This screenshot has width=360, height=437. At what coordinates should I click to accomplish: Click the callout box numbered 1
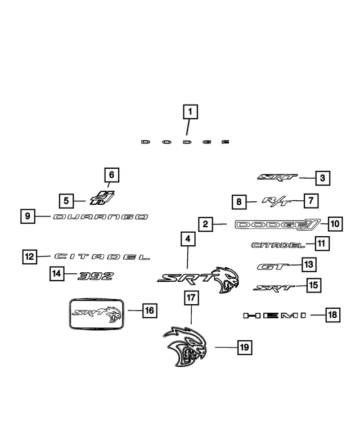[190, 112]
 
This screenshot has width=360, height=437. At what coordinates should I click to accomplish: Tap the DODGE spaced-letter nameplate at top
[185, 142]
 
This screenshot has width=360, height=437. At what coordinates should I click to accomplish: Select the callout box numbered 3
[322, 179]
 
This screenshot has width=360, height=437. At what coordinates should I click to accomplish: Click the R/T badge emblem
[276, 201]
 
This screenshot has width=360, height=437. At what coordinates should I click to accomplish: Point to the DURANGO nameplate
[100, 217]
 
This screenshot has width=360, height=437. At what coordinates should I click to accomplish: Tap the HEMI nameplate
[274, 316]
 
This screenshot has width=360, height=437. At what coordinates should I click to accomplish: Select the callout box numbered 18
[333, 316]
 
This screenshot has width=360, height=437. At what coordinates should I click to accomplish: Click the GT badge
[272, 266]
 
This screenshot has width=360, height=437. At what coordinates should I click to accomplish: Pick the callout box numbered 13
[309, 264]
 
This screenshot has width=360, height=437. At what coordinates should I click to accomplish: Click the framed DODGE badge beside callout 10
[278, 225]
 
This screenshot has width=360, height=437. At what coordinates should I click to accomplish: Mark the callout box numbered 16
[149, 310]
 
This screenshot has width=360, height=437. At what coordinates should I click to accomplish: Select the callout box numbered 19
[244, 348]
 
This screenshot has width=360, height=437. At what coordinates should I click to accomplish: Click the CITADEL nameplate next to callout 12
[102, 256]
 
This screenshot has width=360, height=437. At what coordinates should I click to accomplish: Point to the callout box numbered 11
[322, 244]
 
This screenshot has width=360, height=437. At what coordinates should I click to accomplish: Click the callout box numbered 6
[111, 175]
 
